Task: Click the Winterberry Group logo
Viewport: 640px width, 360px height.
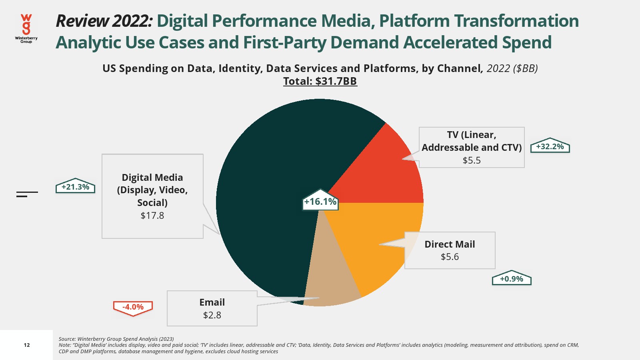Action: coord(26,28)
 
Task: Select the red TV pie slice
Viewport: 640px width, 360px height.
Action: coord(384,176)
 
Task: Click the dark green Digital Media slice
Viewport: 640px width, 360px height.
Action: coord(272,180)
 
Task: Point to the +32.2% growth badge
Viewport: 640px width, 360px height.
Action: coord(550,147)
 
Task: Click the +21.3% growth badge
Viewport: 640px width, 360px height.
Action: coord(75,187)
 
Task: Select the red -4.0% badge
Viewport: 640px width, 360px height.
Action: coord(133,307)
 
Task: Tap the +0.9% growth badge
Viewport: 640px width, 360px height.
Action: coord(512,279)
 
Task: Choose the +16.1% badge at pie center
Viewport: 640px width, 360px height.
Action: coord(320,202)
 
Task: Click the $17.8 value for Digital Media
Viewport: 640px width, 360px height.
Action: coord(152,216)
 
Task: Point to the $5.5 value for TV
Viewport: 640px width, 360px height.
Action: coord(472,160)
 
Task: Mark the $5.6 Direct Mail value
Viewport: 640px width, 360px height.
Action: coord(450,257)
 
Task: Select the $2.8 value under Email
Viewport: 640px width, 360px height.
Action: coord(212,315)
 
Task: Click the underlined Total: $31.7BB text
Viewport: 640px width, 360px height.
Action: coord(320,81)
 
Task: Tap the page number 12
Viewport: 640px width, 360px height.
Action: coord(27,345)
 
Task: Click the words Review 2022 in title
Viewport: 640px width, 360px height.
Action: coord(104,21)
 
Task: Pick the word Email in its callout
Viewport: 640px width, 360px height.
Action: coord(212,302)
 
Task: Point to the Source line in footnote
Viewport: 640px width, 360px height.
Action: coord(116,339)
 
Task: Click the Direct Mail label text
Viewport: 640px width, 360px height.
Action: coord(450,244)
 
